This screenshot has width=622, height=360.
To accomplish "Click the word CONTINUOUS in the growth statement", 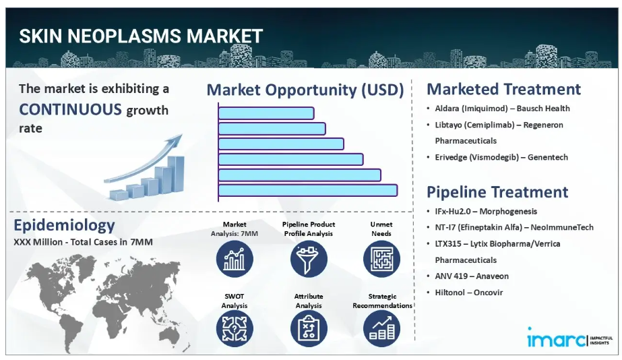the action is [x=70, y=109].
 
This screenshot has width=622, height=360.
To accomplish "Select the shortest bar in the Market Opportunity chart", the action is [x=266, y=113].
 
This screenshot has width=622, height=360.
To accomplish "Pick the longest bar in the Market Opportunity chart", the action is [x=308, y=190].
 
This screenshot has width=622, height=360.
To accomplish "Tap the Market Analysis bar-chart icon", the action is [x=235, y=259].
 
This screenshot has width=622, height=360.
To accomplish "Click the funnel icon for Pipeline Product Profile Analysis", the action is [x=309, y=259].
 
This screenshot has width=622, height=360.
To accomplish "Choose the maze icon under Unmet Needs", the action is [x=381, y=259].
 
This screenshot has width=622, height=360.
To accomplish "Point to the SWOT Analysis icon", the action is [x=235, y=328].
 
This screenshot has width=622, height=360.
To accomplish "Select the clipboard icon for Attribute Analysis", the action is [x=309, y=328].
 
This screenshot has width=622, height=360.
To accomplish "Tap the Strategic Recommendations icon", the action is [x=381, y=328].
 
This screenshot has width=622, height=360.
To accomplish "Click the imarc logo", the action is [x=569, y=338].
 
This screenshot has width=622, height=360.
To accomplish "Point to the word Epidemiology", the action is [x=64, y=225].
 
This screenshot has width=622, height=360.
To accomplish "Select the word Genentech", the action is [x=548, y=157].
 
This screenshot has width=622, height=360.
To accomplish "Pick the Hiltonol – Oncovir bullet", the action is [x=469, y=293].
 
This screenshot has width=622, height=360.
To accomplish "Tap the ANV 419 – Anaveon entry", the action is [x=472, y=276].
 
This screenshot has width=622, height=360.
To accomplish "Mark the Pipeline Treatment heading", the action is [x=497, y=192].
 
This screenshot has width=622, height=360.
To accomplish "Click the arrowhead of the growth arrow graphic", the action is [x=177, y=140].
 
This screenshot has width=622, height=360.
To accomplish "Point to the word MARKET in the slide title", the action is [x=224, y=36].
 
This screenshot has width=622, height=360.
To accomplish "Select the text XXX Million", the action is [x=38, y=242].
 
